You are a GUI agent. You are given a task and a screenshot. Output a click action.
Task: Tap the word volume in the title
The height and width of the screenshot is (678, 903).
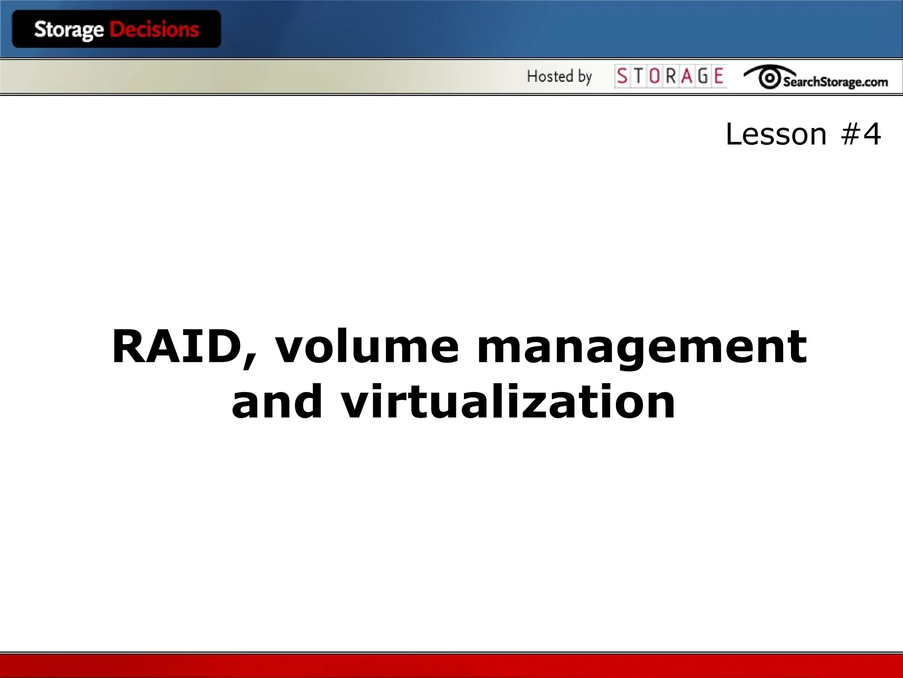click(x=367, y=347)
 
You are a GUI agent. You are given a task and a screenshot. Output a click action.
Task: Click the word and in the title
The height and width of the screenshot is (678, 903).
click(x=277, y=402)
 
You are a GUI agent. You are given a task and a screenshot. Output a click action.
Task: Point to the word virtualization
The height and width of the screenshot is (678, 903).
click(x=508, y=402)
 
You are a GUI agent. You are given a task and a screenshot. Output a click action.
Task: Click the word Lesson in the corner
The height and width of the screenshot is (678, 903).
click(x=776, y=134)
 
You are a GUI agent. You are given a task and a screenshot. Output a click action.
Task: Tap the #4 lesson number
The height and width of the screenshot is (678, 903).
click(x=861, y=134)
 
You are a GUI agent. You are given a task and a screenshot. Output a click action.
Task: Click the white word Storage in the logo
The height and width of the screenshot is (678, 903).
click(x=69, y=30)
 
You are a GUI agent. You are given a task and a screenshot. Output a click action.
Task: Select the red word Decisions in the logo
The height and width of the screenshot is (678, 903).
click(x=154, y=30)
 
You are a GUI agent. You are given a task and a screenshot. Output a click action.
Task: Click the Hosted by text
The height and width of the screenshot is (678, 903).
click(x=559, y=76)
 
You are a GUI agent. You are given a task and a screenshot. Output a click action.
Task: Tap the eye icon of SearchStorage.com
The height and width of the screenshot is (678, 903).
click(x=769, y=78)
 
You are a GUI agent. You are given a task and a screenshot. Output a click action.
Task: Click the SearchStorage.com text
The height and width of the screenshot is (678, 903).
click(x=835, y=82)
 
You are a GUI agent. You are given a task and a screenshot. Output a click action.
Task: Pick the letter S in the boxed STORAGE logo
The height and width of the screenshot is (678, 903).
click(x=622, y=76)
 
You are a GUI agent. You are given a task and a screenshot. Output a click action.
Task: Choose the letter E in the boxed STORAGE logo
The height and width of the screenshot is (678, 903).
click(x=719, y=76)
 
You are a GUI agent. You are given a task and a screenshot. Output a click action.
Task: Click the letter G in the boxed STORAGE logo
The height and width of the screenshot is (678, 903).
click(x=703, y=76)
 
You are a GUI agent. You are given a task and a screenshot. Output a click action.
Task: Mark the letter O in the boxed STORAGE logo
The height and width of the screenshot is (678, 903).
click(x=654, y=76)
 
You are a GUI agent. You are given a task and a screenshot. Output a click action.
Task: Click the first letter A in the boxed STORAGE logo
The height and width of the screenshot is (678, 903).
click(x=687, y=76)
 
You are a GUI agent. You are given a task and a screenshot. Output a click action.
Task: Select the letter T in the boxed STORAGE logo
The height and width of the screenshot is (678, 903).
click(x=638, y=76)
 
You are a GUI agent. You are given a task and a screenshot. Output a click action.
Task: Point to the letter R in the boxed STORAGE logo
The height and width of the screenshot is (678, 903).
click(x=671, y=76)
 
